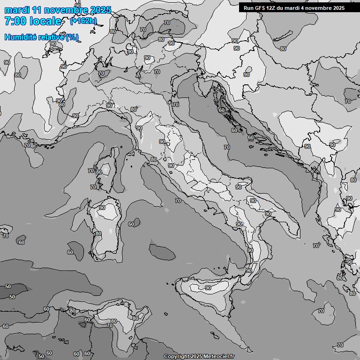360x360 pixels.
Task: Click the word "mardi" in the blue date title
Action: tap(15, 10)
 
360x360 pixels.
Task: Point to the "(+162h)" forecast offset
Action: tap(83, 21)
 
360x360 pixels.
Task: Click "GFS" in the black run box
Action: tap(262, 8)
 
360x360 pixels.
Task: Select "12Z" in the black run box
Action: tap(274, 8)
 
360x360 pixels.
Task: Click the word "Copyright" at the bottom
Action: tap(177, 357)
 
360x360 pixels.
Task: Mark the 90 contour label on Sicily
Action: tap(208, 288)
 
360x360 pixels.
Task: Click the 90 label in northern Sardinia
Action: tap(102, 208)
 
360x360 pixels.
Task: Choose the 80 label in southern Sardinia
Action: tap(98, 233)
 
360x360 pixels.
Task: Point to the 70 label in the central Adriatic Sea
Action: tap(226, 147)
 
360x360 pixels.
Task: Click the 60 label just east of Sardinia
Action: tap(131, 224)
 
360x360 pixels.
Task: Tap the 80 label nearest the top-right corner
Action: tap(283, 49)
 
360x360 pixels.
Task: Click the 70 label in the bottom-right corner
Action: tap(340, 345)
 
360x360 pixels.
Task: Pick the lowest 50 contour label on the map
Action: tap(41, 356)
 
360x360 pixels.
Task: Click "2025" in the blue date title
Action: tap(101, 10)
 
